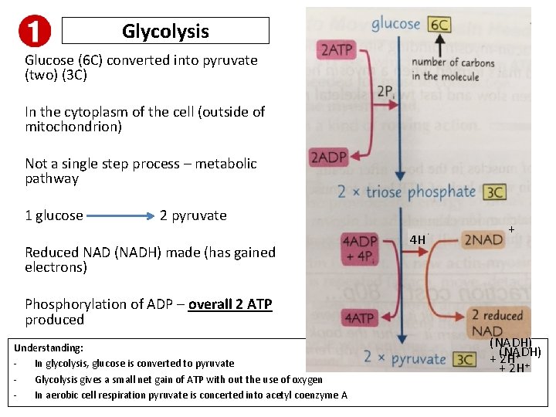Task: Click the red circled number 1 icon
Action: (34, 31)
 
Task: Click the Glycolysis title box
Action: (165, 31)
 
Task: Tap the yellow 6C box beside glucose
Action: (440, 25)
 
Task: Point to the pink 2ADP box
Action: (327, 158)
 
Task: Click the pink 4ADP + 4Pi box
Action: (360, 249)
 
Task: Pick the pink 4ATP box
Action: (359, 317)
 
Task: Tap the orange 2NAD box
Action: (483, 240)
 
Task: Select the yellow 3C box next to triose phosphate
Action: (494, 192)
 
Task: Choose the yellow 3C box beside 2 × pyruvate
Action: (465, 359)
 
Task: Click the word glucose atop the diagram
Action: (396, 24)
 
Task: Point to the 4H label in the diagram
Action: (418, 240)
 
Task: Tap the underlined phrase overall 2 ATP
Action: (230, 304)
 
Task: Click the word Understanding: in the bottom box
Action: (49, 348)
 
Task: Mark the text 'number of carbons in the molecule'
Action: (453, 69)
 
